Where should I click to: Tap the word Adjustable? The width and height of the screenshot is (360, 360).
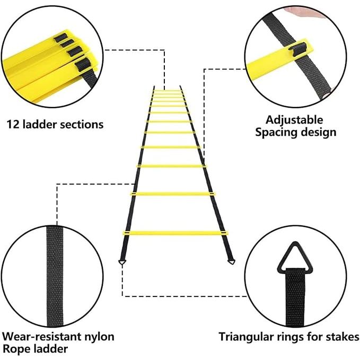point(294,120)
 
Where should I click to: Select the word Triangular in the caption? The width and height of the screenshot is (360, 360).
point(247,337)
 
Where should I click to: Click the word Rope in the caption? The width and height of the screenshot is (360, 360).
point(16,349)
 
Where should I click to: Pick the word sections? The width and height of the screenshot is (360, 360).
point(82,125)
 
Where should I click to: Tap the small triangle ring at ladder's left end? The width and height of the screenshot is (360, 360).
point(122,262)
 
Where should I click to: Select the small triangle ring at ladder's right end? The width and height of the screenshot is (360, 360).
point(231,261)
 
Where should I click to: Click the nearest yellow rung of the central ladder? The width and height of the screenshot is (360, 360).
point(175,233)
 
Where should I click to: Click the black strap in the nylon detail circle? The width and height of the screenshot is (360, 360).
point(55,276)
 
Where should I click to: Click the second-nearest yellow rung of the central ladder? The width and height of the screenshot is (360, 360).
point(173,194)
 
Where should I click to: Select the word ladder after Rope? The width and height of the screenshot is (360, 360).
point(50,349)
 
